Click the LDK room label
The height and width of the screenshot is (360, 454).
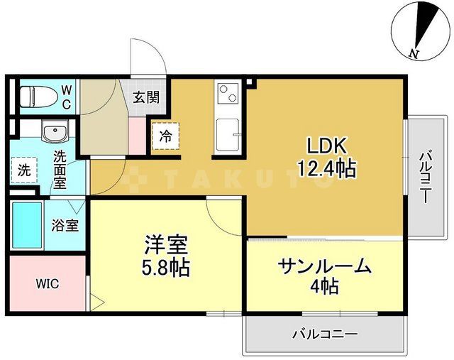point(326,146)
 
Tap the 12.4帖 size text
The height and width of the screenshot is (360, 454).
point(326,169)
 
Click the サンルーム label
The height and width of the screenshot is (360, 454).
point(325,266)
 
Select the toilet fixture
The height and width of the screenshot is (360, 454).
point(35,94)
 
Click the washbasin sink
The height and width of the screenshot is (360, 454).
point(52,133)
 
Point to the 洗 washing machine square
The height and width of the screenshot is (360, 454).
point(24,170)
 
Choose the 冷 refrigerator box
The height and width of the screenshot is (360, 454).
point(165,136)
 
